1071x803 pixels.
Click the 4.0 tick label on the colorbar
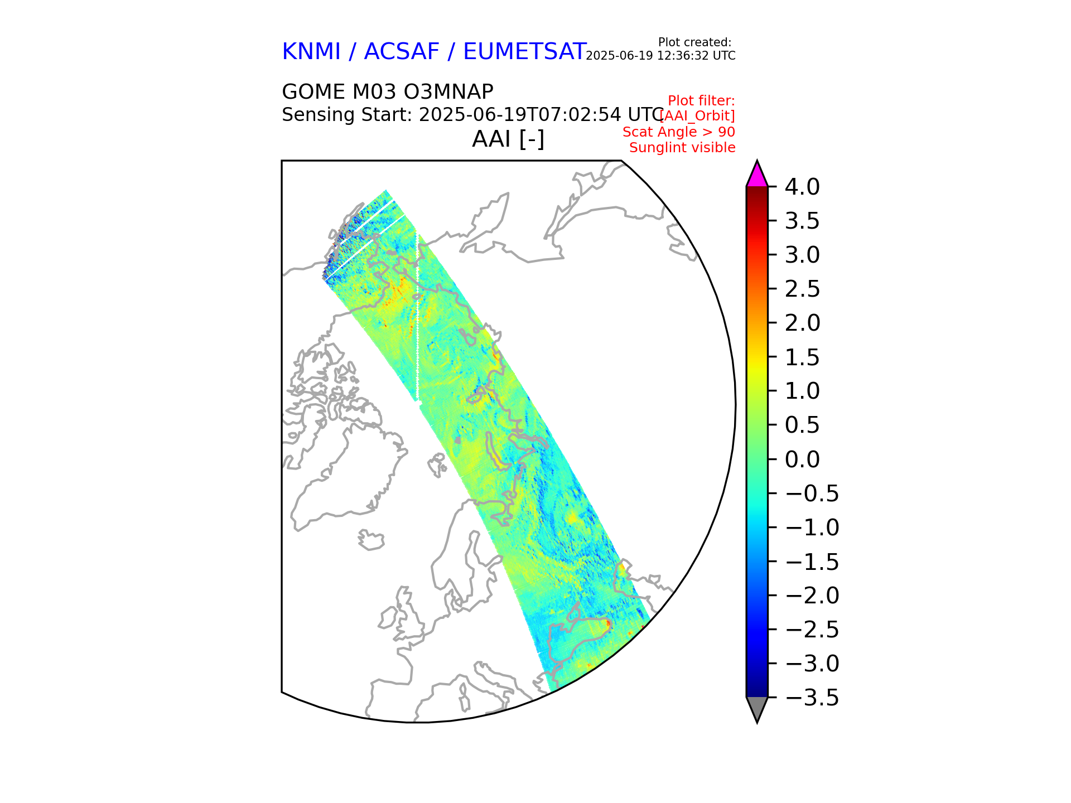802,187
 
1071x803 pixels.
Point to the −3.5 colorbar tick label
811,698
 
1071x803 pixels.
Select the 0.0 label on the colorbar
802,459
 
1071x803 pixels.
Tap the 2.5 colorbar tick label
802,289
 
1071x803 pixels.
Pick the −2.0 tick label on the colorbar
811,596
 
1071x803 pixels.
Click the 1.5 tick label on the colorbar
802,357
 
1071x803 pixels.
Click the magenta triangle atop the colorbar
757,175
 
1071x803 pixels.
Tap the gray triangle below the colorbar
757,708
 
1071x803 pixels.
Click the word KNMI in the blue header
311,52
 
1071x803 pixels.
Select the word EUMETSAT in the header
524,52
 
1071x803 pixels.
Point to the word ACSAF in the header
402,52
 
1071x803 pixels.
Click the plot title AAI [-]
508,139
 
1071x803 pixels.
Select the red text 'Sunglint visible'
682,148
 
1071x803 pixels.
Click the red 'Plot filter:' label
701,101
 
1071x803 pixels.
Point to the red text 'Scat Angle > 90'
678,132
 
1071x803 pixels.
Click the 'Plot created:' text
694,42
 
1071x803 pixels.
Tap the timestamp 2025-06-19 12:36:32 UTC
660,56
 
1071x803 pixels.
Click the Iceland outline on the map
372,540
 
